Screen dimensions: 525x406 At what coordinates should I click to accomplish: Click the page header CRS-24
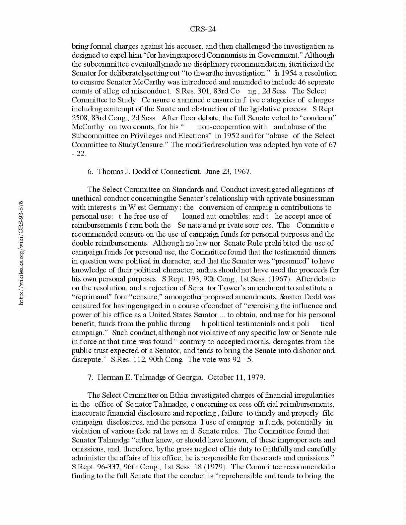pos(203,29)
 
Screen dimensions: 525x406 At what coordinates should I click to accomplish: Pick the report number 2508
pos(79,118)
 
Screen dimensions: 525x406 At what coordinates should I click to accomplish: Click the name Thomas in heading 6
pos(109,172)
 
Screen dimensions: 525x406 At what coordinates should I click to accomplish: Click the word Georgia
pos(189,378)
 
